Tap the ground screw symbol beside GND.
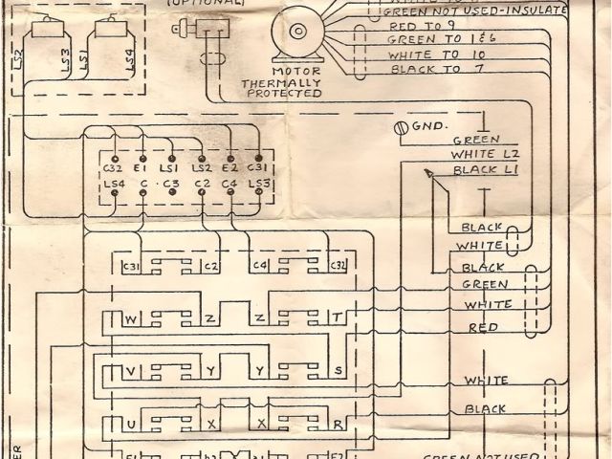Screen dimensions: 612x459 tap(401, 127)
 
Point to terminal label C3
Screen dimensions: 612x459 tap(171, 183)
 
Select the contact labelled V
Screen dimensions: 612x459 tap(132, 368)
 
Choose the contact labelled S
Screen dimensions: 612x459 tap(337, 368)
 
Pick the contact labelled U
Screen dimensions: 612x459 tap(132, 421)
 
